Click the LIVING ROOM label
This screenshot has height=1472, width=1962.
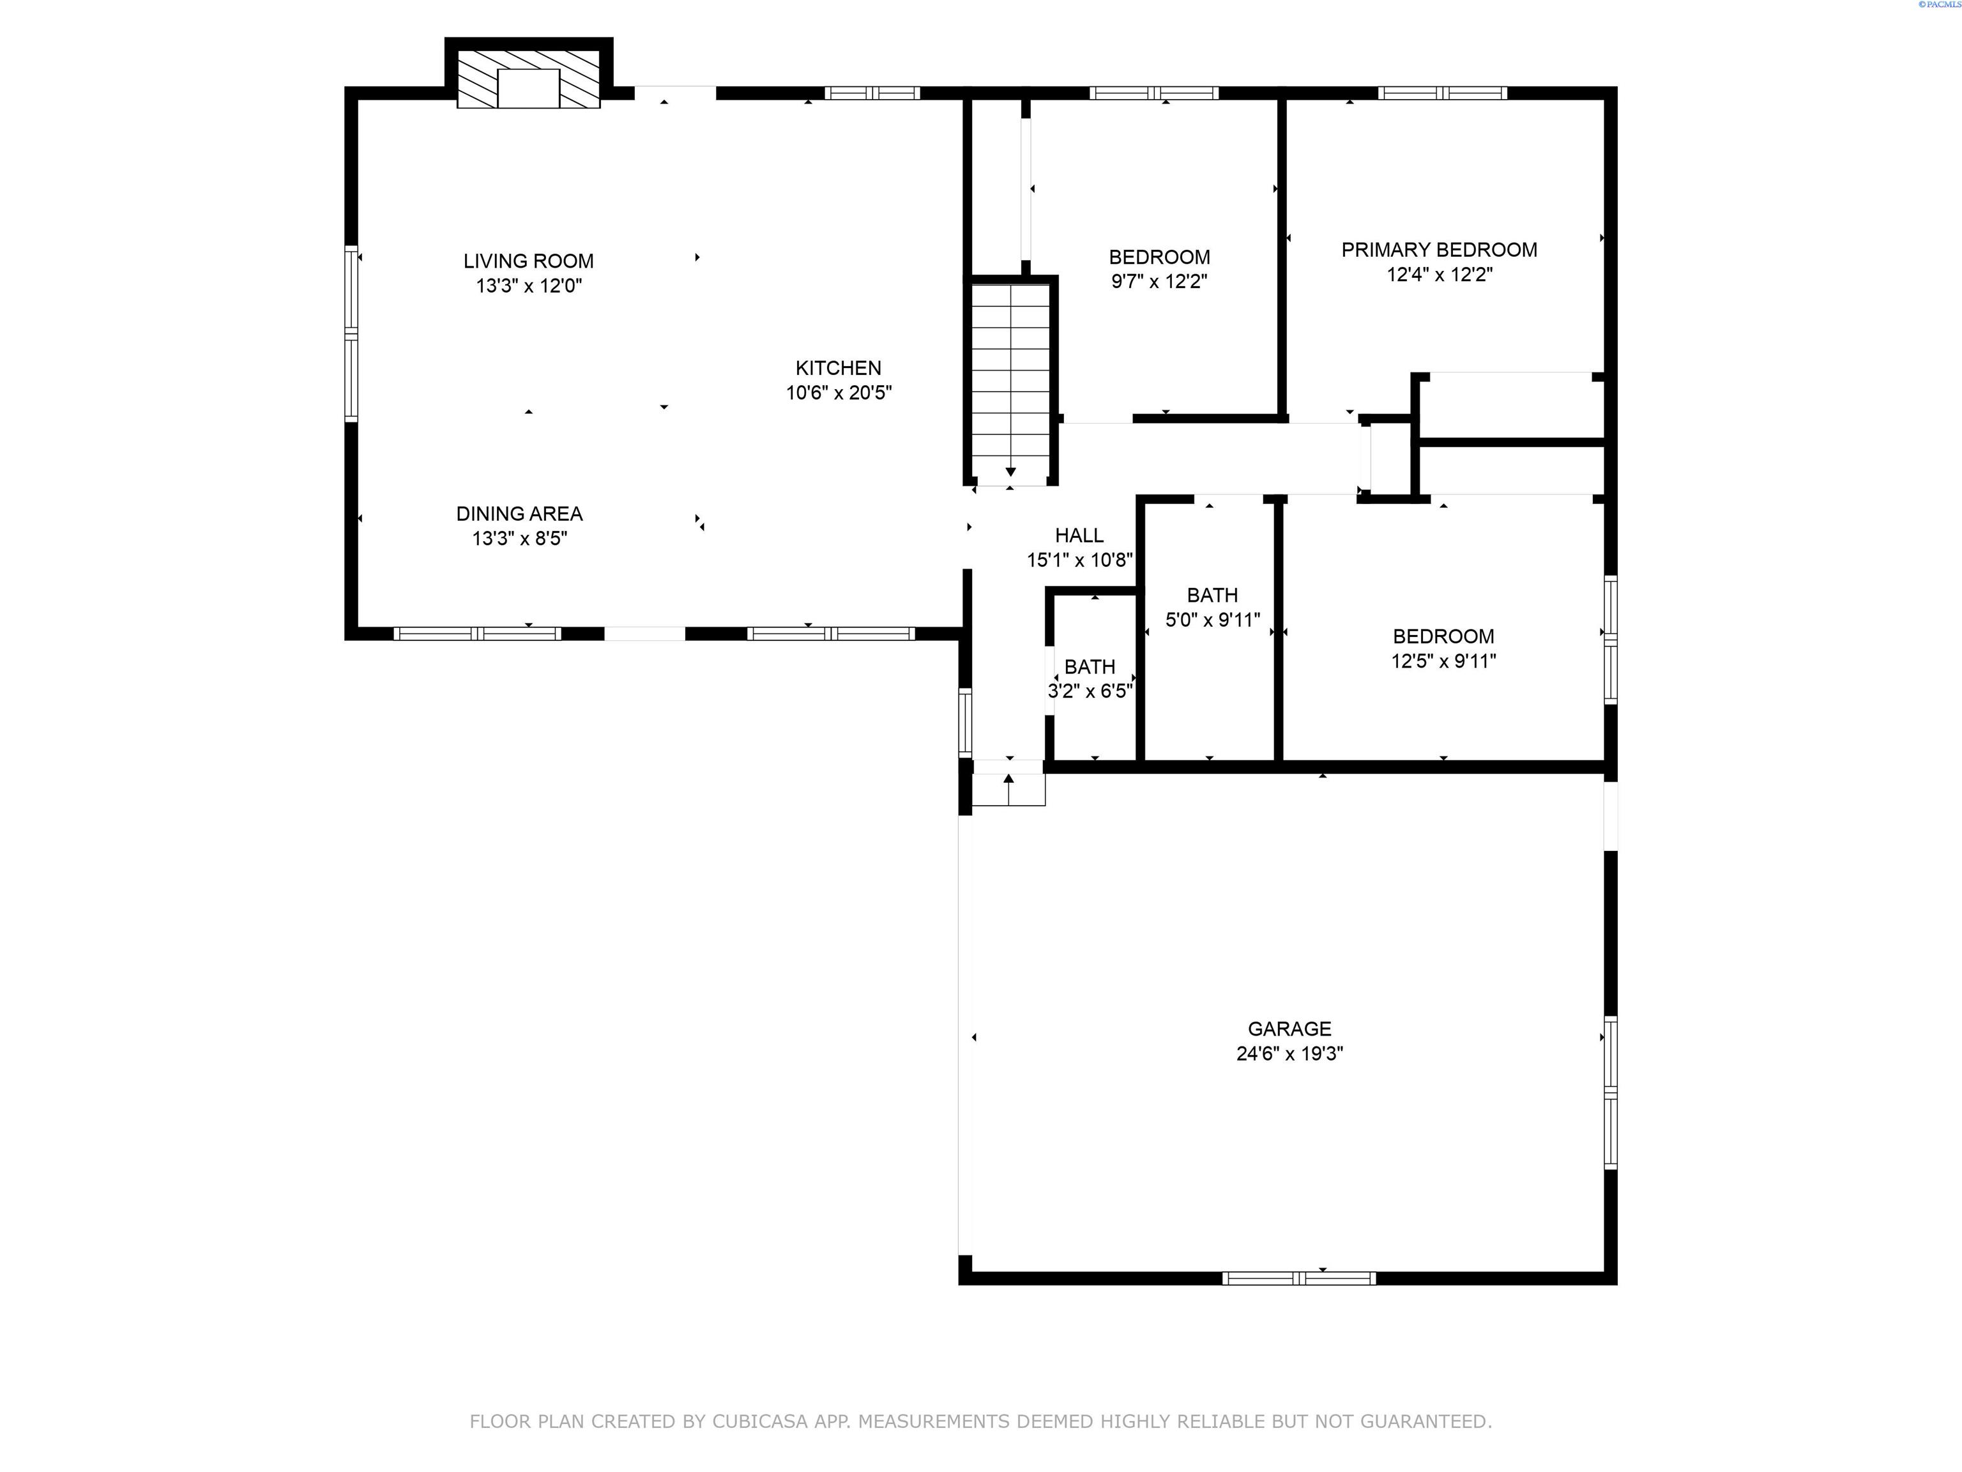tap(529, 261)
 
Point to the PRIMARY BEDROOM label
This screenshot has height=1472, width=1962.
tap(1439, 250)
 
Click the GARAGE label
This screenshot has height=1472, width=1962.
tap(1289, 1029)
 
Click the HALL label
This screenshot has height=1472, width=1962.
tap(1079, 535)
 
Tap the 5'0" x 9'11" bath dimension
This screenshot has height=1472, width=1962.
tap(1212, 620)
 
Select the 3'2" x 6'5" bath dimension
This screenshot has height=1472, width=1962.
tap(1090, 691)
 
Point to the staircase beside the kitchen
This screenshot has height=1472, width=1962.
tap(1010, 381)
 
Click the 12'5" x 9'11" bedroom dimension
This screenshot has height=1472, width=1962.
tap(1443, 661)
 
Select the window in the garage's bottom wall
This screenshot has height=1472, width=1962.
tap(1300, 1278)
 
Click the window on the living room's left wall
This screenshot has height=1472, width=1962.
tap(351, 333)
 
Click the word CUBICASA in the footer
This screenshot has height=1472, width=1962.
tap(760, 1422)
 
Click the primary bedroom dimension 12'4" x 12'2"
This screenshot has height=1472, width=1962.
tap(1440, 275)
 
